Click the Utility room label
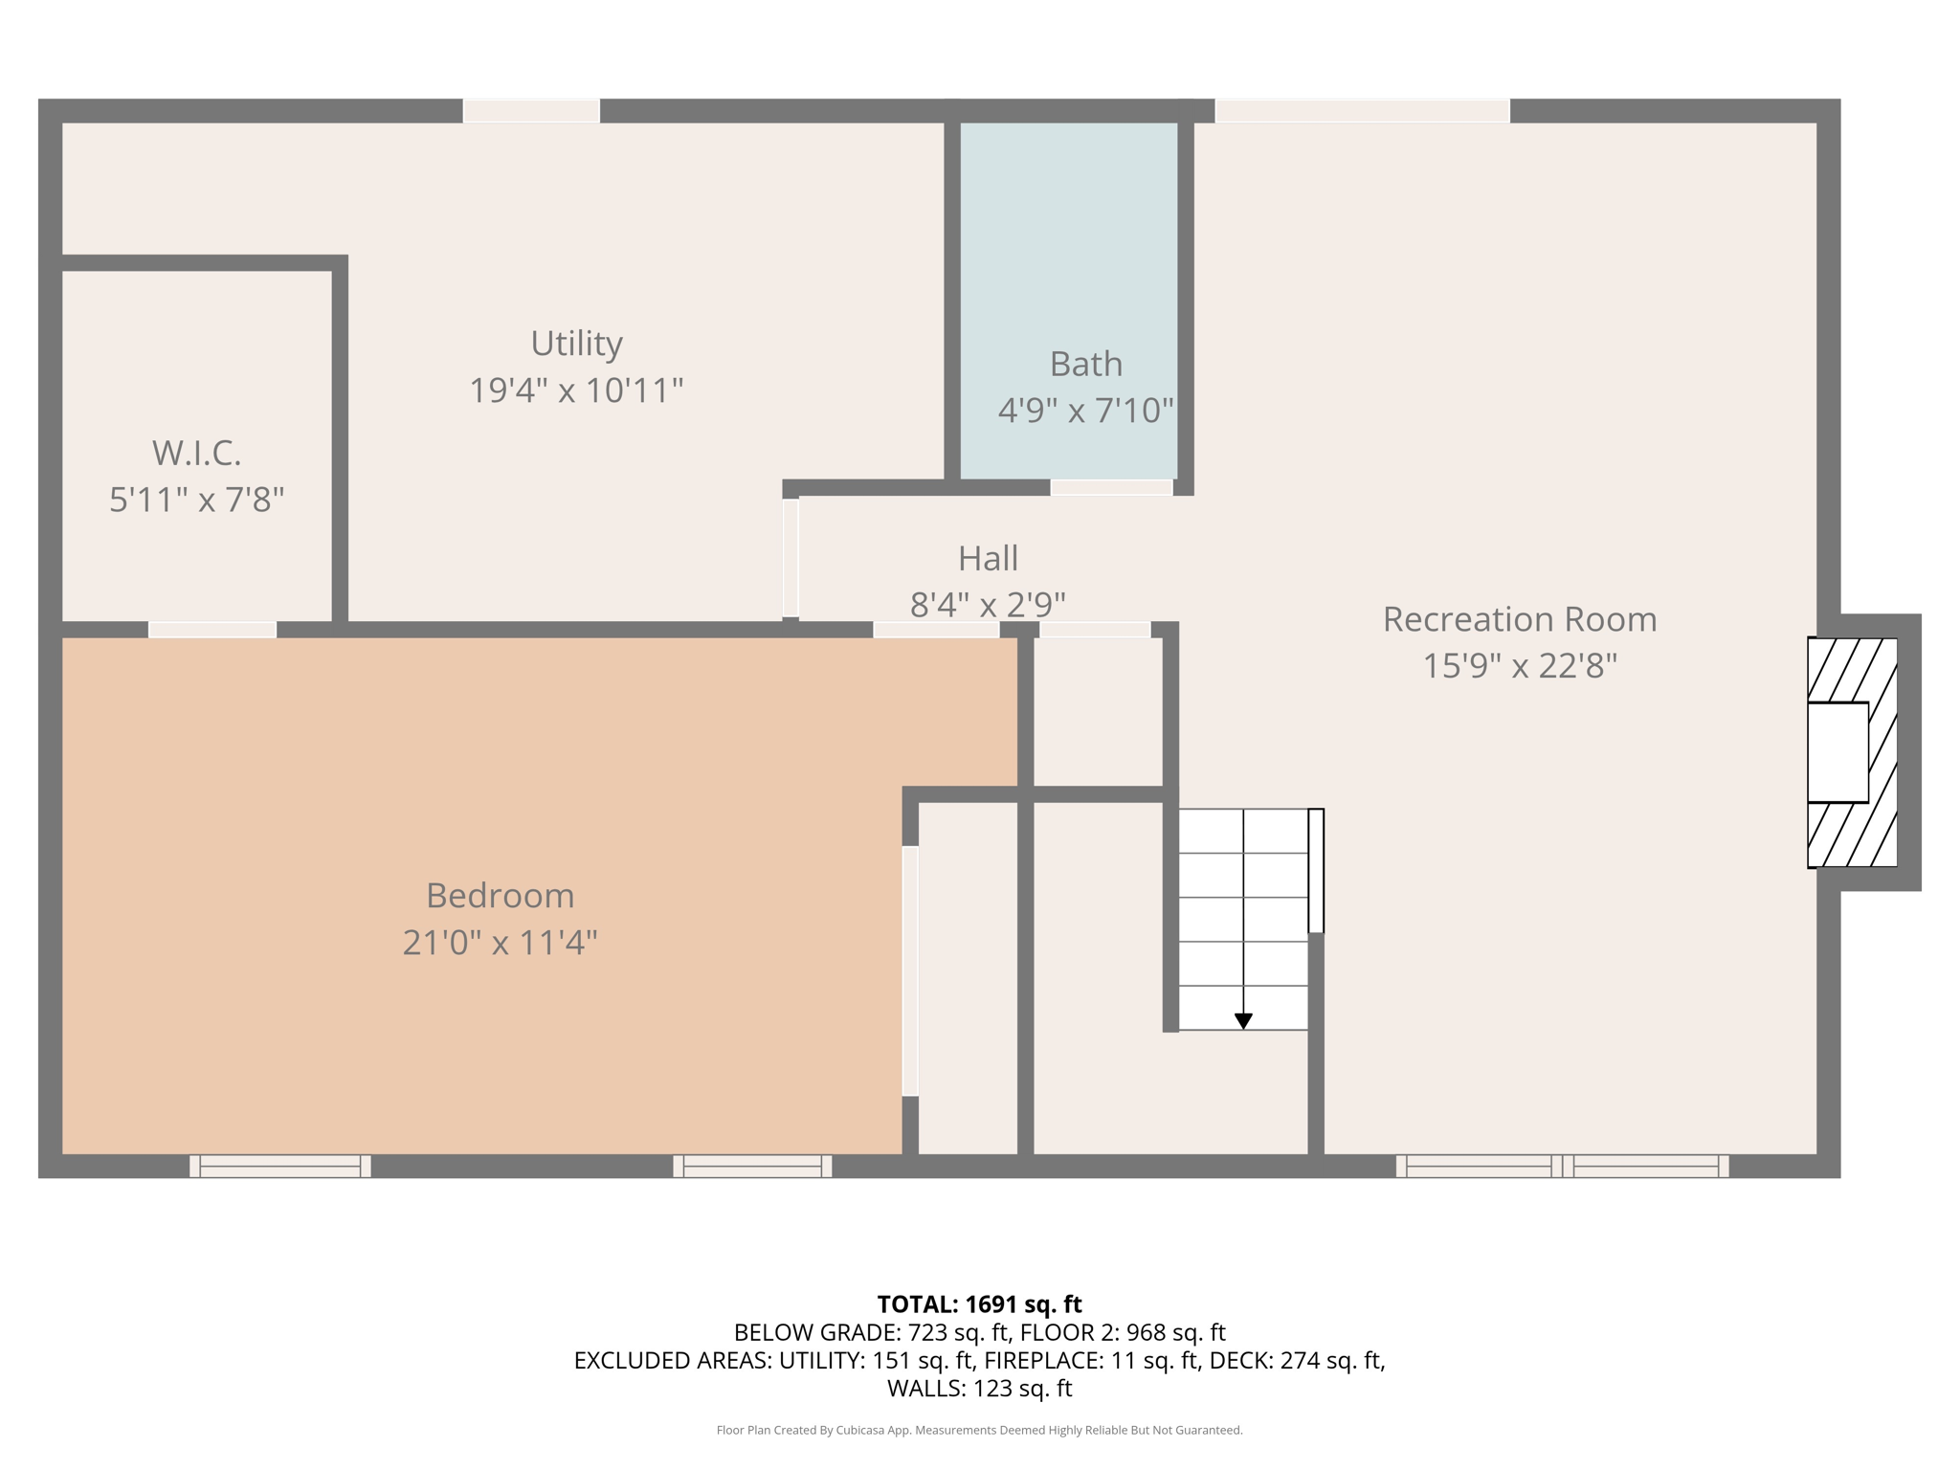tap(576, 344)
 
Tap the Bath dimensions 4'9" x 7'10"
tap(1085, 411)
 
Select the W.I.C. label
tap(196, 453)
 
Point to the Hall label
tap(988, 558)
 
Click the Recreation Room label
tap(1519, 619)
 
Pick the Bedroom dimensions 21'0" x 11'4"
tap(500, 943)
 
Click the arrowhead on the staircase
tap(1242, 1021)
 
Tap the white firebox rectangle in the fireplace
tap(1837, 752)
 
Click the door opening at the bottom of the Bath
tap(1111, 488)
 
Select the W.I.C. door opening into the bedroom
tap(212, 630)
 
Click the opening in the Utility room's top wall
tap(531, 111)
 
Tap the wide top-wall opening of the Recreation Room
tap(1362, 111)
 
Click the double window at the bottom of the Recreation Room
tap(1562, 1166)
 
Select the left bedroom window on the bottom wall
tap(279, 1166)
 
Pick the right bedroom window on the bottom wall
tap(752, 1166)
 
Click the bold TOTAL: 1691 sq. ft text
tap(979, 1304)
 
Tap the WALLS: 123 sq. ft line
tap(979, 1389)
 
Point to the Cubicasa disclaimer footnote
tap(979, 1431)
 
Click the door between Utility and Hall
tap(791, 558)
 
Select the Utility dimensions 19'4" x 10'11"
tap(576, 390)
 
